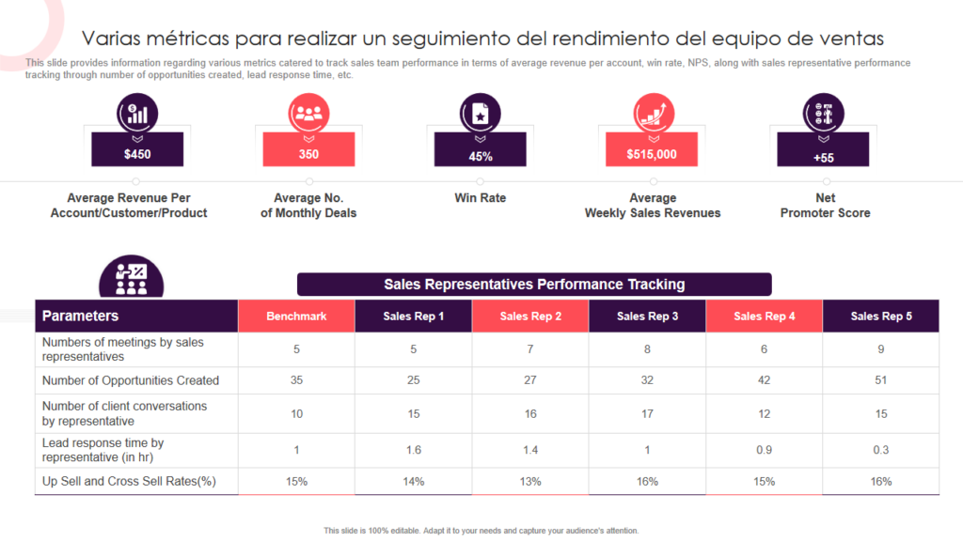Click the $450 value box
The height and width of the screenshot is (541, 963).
(137, 154)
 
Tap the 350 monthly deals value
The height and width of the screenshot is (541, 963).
(308, 154)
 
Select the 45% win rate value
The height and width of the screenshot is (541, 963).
(481, 156)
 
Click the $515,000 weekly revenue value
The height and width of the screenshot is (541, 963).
(652, 154)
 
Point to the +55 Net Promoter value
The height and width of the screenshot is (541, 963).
(824, 157)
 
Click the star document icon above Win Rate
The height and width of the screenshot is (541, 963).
(480, 115)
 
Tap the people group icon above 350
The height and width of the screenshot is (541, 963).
(308, 115)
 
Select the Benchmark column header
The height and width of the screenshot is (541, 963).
(296, 317)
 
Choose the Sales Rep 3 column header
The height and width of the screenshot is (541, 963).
(647, 317)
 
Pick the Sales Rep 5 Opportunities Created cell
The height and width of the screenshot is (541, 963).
(881, 380)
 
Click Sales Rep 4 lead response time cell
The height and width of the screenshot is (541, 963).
(764, 450)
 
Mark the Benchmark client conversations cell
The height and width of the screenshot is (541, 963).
(296, 414)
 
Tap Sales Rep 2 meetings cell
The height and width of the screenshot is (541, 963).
(530, 349)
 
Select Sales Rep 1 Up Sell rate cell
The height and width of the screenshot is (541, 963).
(414, 482)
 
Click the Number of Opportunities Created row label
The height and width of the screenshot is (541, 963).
(131, 380)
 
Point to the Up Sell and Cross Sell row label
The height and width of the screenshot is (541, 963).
(130, 482)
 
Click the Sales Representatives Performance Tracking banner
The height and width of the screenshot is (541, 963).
(534, 285)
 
